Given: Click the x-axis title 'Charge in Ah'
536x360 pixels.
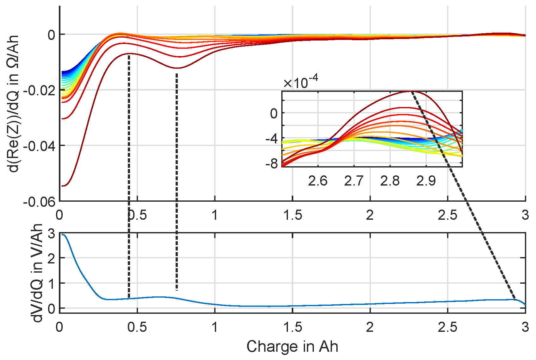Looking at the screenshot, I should pyautogui.click(x=292, y=347).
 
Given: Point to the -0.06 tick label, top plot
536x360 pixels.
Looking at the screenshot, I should pyautogui.click(x=39, y=202).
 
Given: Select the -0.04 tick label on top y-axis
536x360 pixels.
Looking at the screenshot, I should pyautogui.click(x=39, y=146).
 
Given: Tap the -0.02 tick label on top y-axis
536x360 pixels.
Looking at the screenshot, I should pyautogui.click(x=39, y=91).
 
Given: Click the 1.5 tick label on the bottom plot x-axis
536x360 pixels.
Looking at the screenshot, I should pyautogui.click(x=292, y=327).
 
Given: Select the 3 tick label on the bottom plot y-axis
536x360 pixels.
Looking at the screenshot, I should pyautogui.click(x=51, y=234).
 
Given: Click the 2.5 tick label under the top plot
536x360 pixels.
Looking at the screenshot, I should pyautogui.click(x=447, y=215).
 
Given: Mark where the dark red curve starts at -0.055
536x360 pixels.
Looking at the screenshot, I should pyautogui.click(x=63, y=186).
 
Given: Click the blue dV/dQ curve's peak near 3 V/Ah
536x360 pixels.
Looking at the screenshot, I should pyautogui.click(x=63, y=235).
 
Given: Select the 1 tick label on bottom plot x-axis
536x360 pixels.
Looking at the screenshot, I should pyautogui.click(x=215, y=327).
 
